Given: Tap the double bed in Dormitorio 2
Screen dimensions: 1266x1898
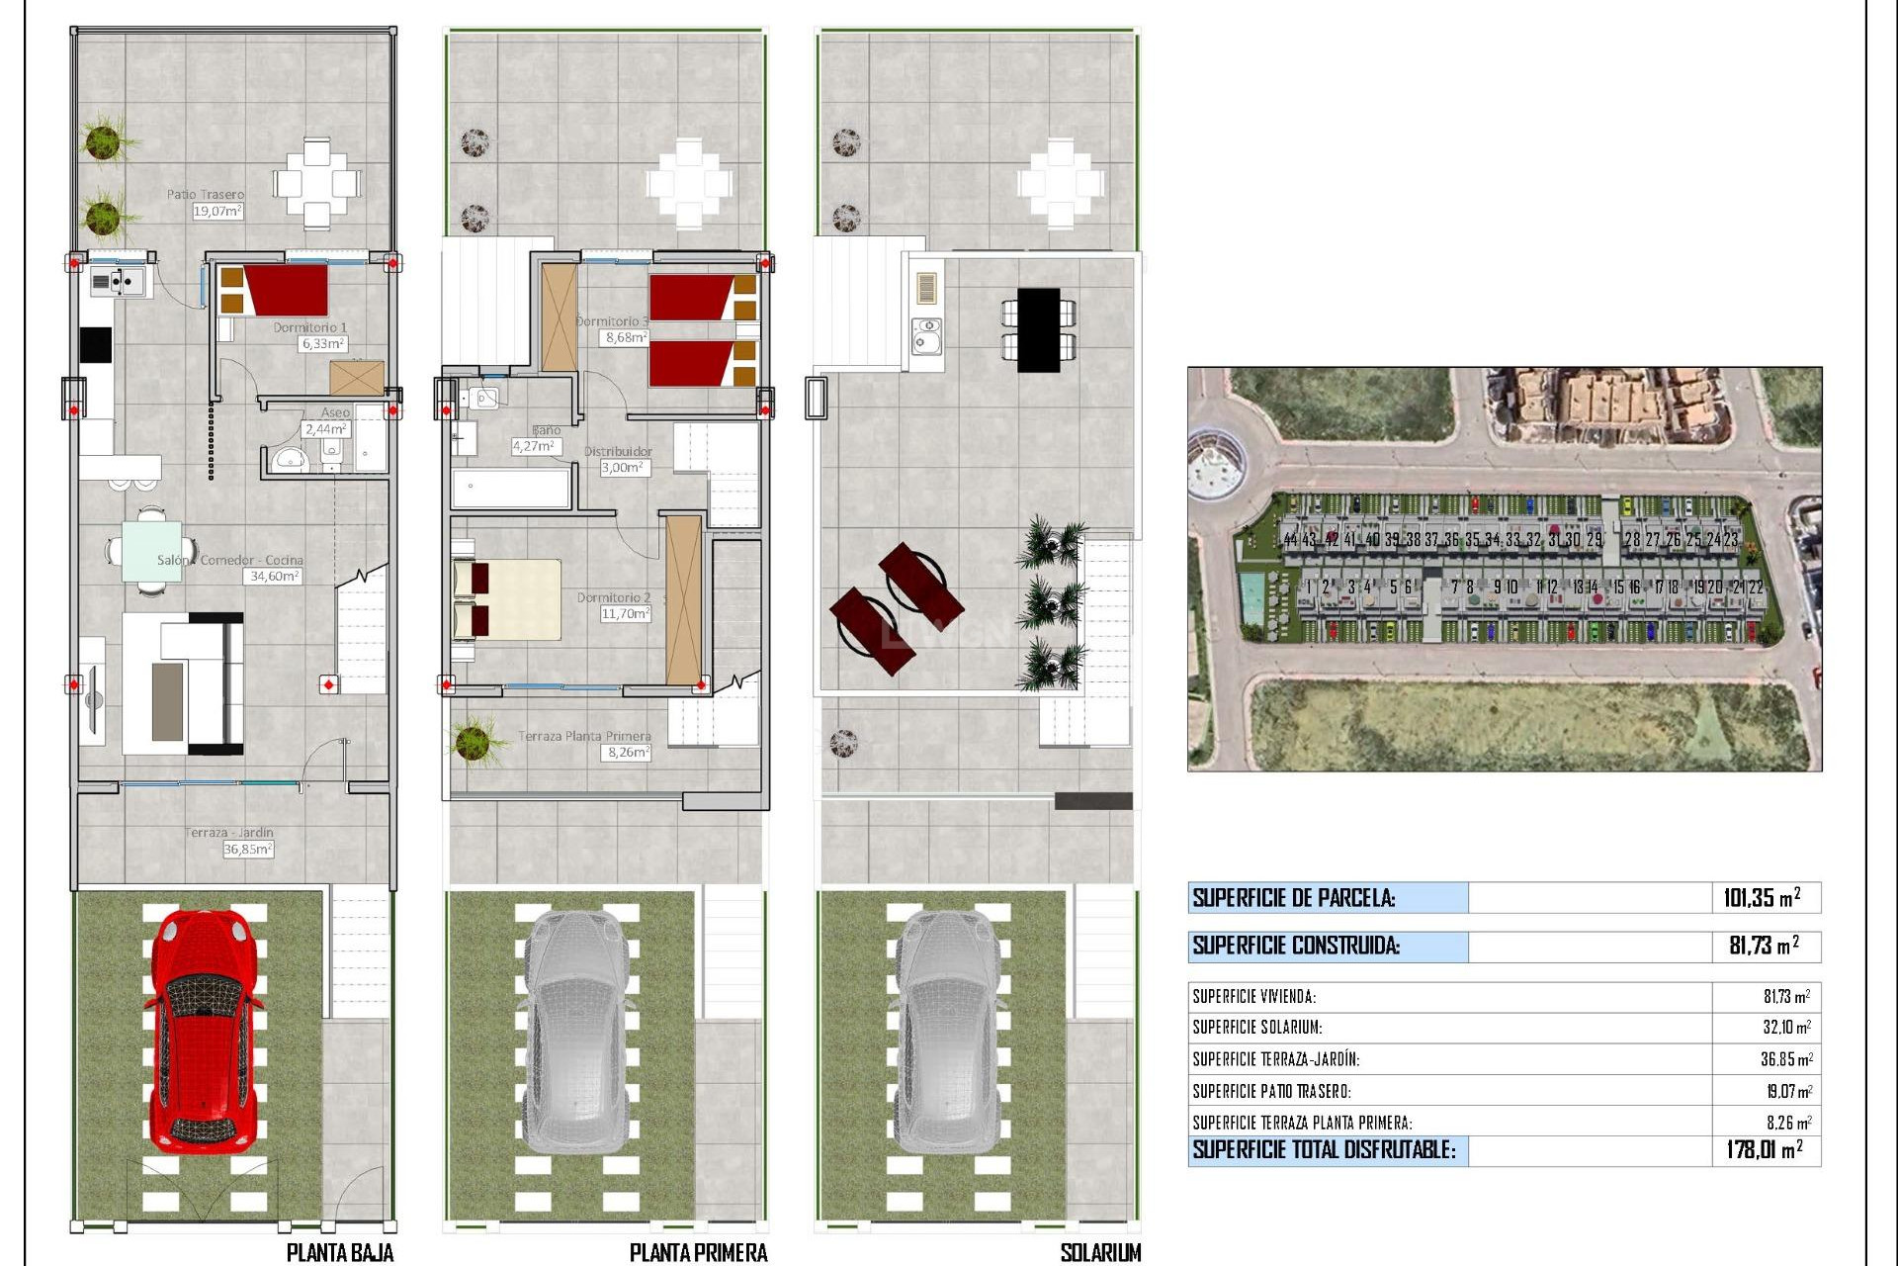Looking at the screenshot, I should pyautogui.click(x=506, y=599).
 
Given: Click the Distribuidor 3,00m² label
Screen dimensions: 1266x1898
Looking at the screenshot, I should pyautogui.click(x=620, y=459).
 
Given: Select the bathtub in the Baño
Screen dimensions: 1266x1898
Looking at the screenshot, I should pyautogui.click(x=510, y=489).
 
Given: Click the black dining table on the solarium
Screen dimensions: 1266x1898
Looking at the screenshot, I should pyautogui.click(x=1038, y=329).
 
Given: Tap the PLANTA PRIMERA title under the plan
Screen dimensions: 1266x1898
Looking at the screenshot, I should pyautogui.click(x=698, y=1252).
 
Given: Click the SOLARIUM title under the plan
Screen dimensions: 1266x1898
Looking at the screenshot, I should pyautogui.click(x=1099, y=1252).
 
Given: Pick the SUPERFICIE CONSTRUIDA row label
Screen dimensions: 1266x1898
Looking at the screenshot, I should pyautogui.click(x=1295, y=946).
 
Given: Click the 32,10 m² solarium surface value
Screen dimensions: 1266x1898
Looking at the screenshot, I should pyautogui.click(x=1786, y=1028).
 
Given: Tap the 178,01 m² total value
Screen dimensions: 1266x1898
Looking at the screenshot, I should pyautogui.click(x=1764, y=1149).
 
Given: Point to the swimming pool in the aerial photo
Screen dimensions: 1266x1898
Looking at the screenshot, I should pyautogui.click(x=1251, y=593).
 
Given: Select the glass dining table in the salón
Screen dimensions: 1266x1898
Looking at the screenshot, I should pyautogui.click(x=151, y=551).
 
